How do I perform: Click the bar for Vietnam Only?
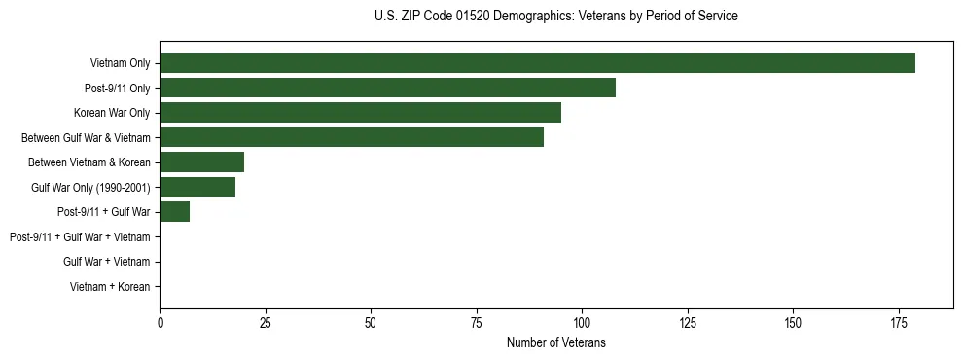coord(537,63)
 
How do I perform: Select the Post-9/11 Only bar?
coord(387,88)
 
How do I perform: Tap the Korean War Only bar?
coord(360,113)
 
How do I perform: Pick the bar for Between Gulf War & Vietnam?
coord(351,137)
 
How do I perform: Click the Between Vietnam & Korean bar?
coord(201,162)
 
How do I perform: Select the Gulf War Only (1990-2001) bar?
coord(197,187)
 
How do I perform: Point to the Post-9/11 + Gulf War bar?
coord(174,212)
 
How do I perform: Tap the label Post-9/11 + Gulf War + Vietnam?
coord(80,237)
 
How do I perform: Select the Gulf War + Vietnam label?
coord(106,262)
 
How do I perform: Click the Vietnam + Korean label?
coord(110,287)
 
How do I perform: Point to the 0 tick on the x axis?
coord(160,322)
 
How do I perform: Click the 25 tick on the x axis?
coord(265,322)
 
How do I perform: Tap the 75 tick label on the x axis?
coord(476,322)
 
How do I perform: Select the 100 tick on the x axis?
coord(582,322)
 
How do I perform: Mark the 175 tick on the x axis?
coord(793,322)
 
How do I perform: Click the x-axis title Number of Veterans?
coord(556,342)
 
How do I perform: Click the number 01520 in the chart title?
coord(463,17)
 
